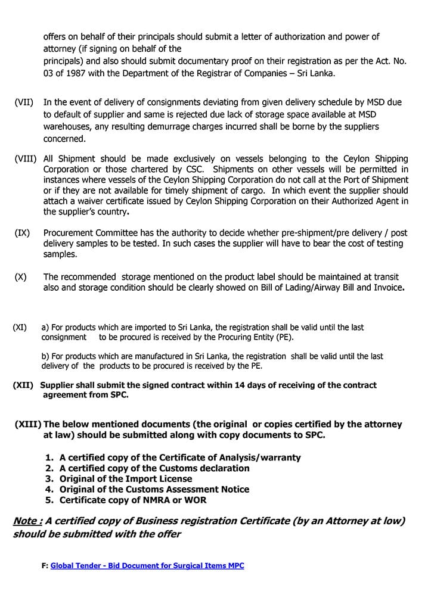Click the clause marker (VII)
tap(24, 102)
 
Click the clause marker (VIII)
tap(26, 159)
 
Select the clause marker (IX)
tap(22, 233)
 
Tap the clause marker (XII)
tap(23, 385)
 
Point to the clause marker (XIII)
tap(27, 425)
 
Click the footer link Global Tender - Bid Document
tap(147, 565)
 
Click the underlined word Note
tap(27, 521)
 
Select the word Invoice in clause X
tap(388, 288)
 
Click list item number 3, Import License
tap(126, 479)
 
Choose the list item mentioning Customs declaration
tap(154, 468)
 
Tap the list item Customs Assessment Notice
tap(154, 489)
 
